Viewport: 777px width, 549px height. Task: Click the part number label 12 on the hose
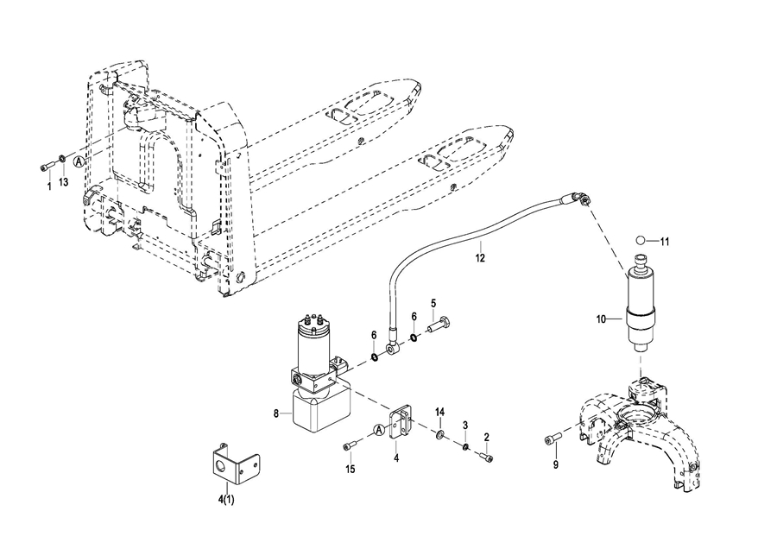click(x=480, y=257)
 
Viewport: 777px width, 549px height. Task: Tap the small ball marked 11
click(x=641, y=240)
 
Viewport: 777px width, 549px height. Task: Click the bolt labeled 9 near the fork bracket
click(x=553, y=439)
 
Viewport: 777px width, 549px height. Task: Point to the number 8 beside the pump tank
click(x=276, y=413)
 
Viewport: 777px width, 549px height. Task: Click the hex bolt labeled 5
click(x=439, y=327)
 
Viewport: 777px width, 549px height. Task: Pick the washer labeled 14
click(x=439, y=435)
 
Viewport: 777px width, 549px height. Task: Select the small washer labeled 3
click(x=465, y=447)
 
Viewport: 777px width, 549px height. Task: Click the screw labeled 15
click(x=349, y=447)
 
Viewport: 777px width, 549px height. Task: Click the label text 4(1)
click(x=226, y=500)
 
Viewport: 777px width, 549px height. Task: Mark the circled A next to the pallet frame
click(x=79, y=161)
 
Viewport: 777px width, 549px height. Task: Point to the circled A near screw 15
click(x=379, y=430)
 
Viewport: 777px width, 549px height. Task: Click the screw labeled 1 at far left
click(x=46, y=167)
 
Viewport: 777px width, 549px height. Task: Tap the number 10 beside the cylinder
click(x=601, y=319)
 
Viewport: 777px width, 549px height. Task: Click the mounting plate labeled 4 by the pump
click(x=400, y=422)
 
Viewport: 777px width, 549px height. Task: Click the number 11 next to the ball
click(x=664, y=242)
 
